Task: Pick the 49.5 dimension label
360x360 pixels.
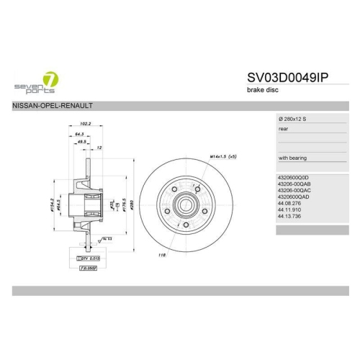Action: click(83, 142)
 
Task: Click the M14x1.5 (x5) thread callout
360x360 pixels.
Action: click(223, 156)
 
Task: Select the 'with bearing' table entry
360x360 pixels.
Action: click(292, 157)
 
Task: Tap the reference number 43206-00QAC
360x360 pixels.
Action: click(294, 190)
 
